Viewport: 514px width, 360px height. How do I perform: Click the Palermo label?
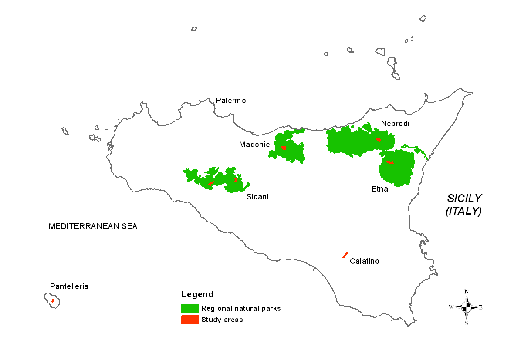[231, 101]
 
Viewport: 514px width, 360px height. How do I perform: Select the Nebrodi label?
[395, 124]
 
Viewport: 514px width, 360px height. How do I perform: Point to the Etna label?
[379, 189]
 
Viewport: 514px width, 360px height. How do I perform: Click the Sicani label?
[257, 197]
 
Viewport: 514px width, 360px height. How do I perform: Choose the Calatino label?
[365, 261]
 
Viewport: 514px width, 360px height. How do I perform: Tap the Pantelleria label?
[69, 286]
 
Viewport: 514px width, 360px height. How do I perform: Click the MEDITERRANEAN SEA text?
[93, 226]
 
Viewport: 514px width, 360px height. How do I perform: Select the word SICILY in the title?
[464, 199]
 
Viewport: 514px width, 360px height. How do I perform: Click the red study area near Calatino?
[345, 255]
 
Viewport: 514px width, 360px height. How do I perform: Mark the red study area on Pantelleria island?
[53, 300]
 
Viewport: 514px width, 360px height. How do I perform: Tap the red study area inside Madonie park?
[284, 148]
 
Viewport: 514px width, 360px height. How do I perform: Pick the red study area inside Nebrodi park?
[379, 139]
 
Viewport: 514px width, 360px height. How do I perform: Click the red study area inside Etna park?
[389, 162]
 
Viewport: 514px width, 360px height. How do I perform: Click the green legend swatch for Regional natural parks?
[190, 308]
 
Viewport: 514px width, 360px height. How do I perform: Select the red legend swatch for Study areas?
[190, 320]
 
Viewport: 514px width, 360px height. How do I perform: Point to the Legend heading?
[197, 294]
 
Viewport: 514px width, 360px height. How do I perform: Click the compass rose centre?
[467, 307]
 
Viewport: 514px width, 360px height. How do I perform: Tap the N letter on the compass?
[467, 292]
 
